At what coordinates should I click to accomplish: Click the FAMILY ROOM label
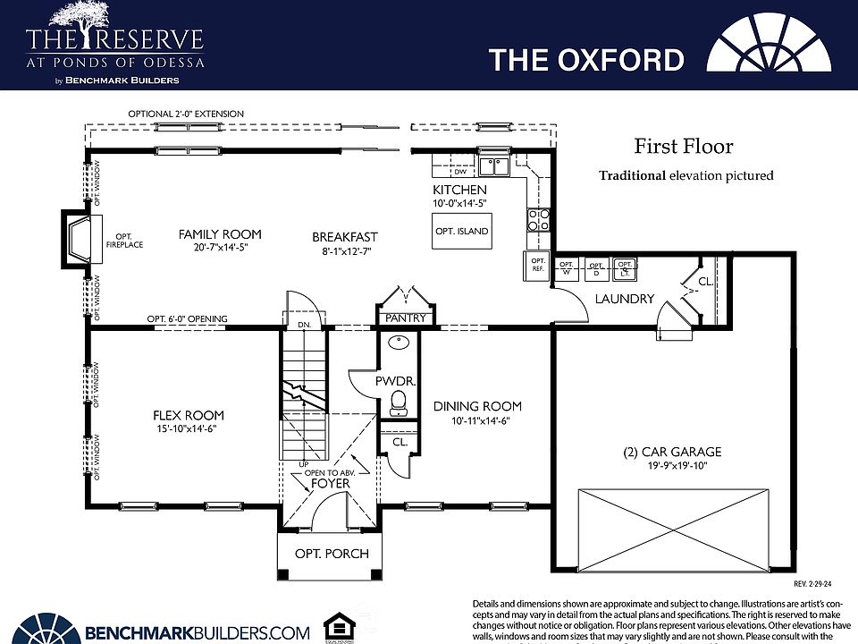click(x=220, y=234)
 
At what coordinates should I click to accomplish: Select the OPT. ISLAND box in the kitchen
click(x=461, y=232)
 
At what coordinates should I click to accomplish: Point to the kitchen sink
click(x=493, y=166)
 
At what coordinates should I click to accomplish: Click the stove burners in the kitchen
click(x=538, y=220)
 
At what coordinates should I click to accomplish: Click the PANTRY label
click(x=406, y=318)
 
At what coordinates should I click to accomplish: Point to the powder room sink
click(x=399, y=343)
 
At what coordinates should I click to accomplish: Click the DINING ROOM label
click(x=477, y=406)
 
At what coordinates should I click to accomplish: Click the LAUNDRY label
click(x=626, y=299)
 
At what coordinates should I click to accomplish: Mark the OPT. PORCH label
click(x=332, y=554)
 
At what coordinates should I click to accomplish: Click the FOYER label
click(x=331, y=484)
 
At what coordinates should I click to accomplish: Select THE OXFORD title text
click(x=586, y=60)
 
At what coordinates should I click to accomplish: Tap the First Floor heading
click(x=684, y=147)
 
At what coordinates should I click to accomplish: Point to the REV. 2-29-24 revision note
click(x=813, y=583)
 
